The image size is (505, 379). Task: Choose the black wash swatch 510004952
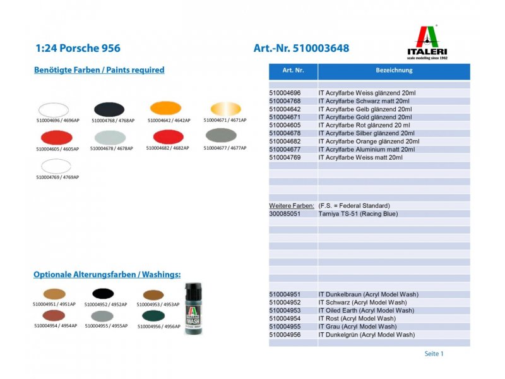[105, 294]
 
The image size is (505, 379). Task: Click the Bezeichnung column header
[394, 71]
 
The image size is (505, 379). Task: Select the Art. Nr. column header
[294, 71]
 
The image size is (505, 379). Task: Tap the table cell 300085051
[285, 214]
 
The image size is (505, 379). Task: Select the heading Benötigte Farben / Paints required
[99, 70]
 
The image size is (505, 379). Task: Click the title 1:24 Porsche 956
[78, 48]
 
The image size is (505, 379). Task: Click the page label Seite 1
[434, 354]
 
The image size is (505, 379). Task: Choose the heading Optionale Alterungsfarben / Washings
[107, 275]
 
